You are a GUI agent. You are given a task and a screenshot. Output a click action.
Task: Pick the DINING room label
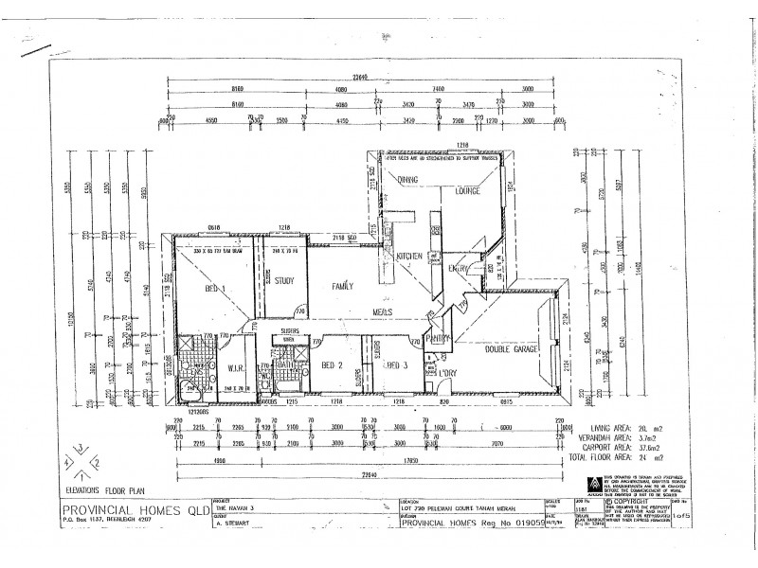coord(407,178)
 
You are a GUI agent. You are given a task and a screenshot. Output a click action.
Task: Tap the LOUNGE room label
coord(466,191)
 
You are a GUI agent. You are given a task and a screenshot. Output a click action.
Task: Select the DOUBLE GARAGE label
coord(513,349)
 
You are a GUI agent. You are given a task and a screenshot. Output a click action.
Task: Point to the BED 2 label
coord(331,364)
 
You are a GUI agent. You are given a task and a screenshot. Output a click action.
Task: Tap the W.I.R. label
coord(236,368)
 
